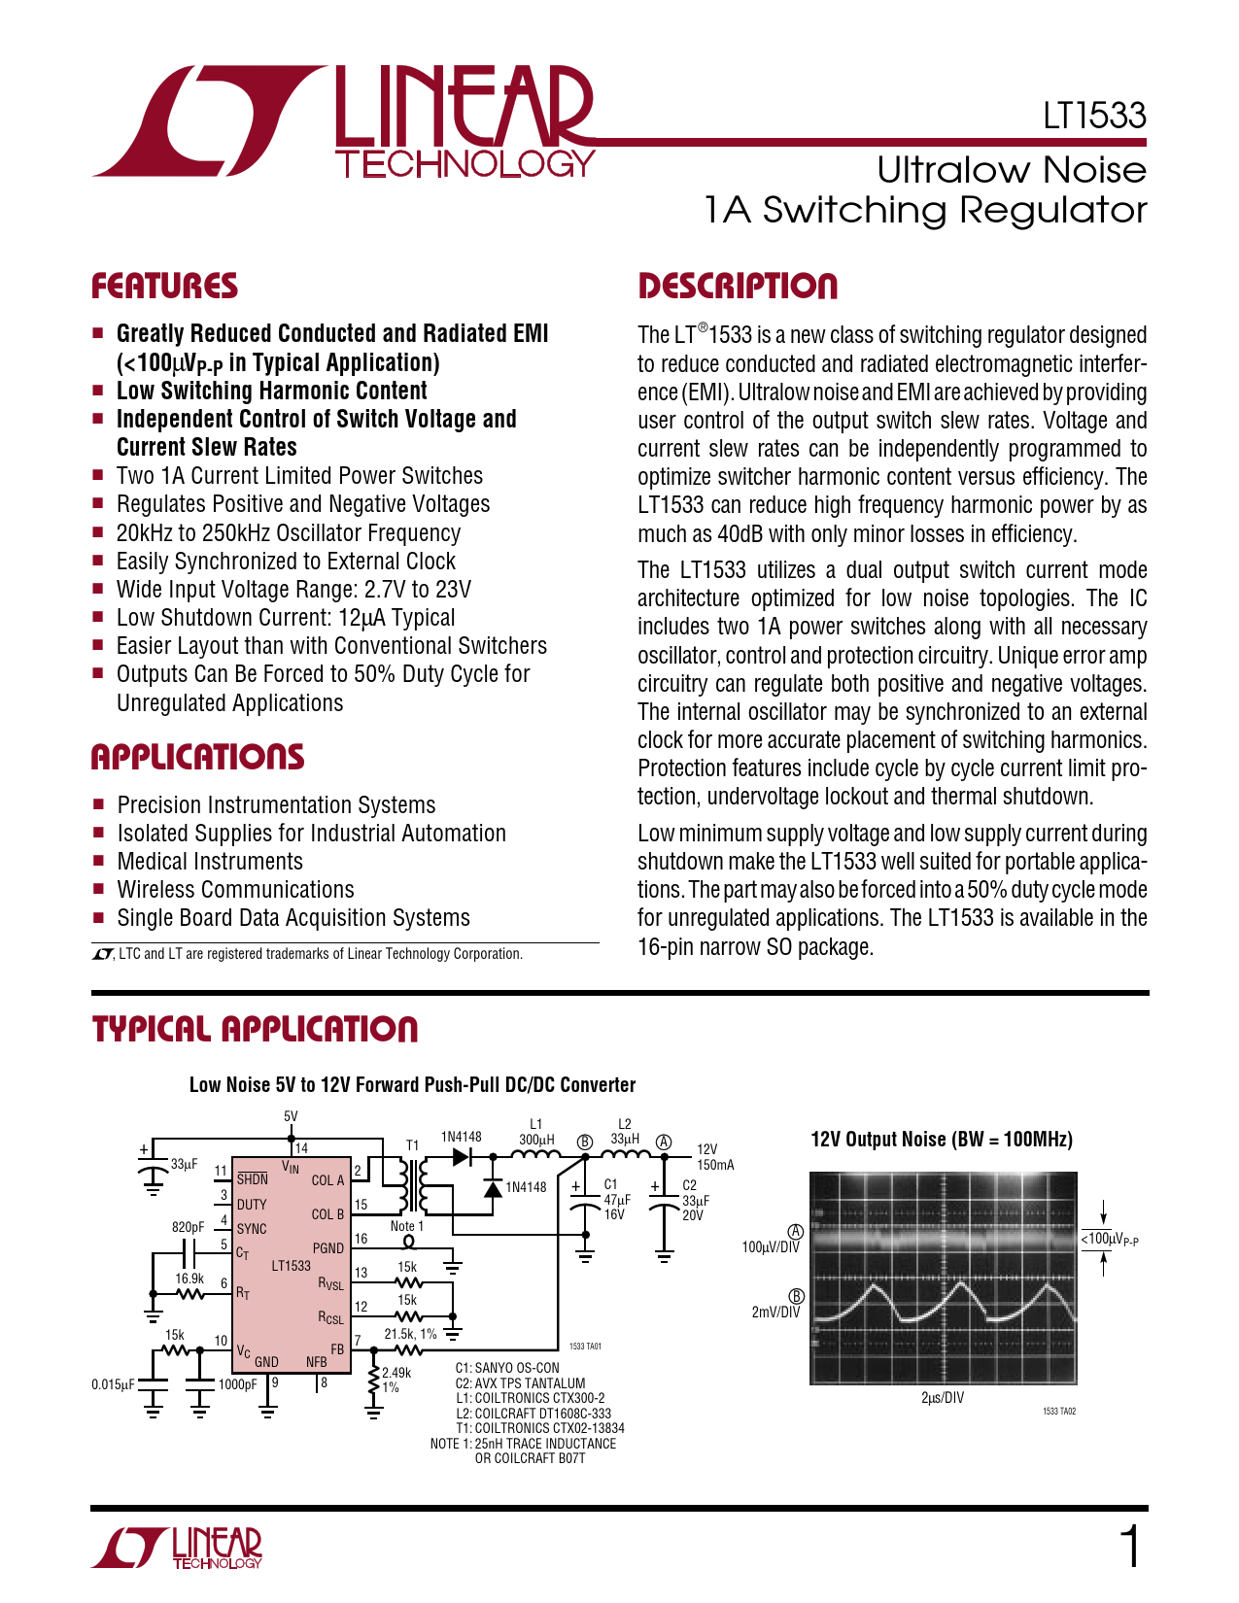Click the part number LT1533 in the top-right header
[1094, 116]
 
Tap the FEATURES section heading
[164, 287]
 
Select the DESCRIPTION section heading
[737, 287]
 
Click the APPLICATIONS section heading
[197, 758]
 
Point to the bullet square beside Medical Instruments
[98, 862]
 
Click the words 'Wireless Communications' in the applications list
[235, 890]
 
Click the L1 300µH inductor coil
[535, 1155]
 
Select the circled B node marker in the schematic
[585, 1142]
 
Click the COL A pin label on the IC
[327, 1180]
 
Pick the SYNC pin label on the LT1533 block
[252, 1229]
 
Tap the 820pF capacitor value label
[188, 1227]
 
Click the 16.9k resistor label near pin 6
[189, 1279]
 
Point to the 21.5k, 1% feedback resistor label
[410, 1334]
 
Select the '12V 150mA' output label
[714, 1156]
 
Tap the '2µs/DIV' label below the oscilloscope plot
[942, 1397]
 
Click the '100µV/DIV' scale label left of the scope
[771, 1246]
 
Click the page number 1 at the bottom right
[1130, 1547]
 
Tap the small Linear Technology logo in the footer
[178, 1548]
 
